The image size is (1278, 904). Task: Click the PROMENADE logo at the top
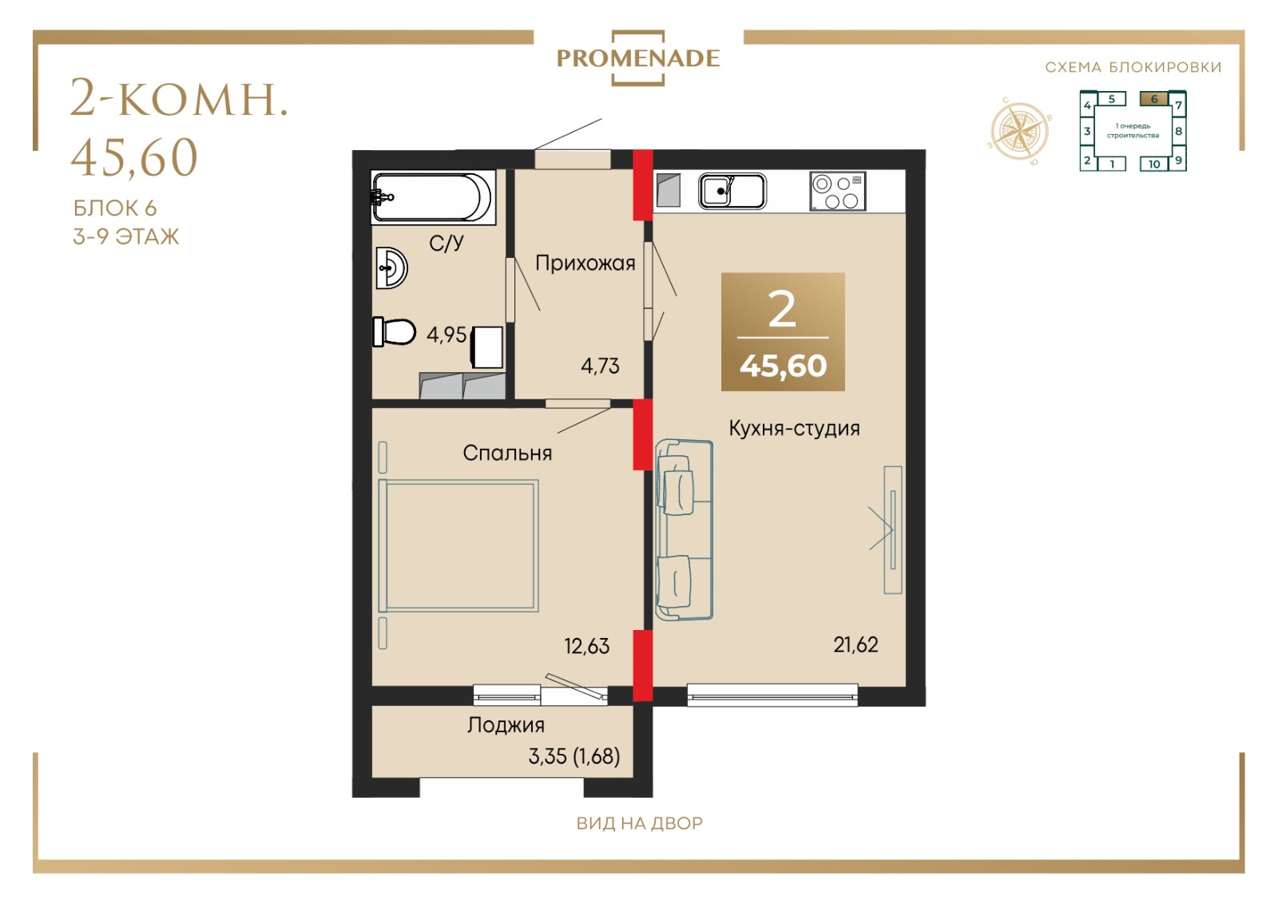[638, 58]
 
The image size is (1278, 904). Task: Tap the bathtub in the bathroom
[432, 196]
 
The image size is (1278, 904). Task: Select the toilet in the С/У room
[394, 331]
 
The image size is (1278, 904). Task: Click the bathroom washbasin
[391, 268]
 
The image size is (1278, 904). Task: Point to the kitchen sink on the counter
[732, 191]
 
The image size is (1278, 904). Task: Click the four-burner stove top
[838, 192]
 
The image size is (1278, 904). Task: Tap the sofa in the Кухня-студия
[684, 529]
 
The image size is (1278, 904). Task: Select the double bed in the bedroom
[458, 545]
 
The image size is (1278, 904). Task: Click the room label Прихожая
[585, 264]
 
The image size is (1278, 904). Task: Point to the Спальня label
[507, 454]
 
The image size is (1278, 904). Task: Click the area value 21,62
[855, 645]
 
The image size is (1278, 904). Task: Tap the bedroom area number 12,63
[587, 646]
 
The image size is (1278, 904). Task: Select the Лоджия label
[506, 725]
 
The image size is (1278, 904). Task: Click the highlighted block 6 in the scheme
[1154, 99]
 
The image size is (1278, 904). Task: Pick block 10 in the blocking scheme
[1154, 165]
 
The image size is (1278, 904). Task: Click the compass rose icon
[1020, 131]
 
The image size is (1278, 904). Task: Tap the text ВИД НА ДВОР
[640, 823]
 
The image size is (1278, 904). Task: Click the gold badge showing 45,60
[783, 332]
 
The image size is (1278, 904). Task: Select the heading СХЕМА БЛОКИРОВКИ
[1133, 67]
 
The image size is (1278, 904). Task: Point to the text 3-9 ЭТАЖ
[126, 236]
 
